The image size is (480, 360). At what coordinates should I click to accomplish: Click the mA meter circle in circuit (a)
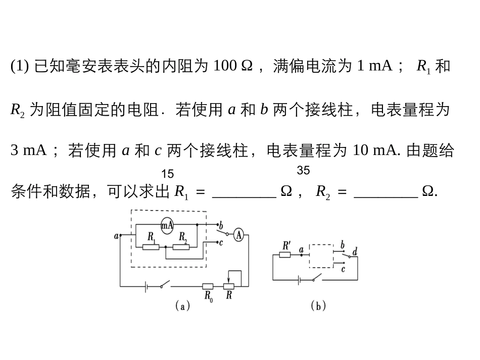point(167,226)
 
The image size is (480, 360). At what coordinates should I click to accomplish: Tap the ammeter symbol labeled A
point(239,235)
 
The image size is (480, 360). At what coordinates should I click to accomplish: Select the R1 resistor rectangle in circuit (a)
point(151,246)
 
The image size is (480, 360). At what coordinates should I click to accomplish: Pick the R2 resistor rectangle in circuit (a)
point(181,246)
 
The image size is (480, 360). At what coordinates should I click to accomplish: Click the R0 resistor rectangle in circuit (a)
point(208,287)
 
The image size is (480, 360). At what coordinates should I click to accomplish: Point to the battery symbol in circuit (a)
point(146,287)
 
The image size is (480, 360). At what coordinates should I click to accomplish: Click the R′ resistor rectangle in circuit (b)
point(285,254)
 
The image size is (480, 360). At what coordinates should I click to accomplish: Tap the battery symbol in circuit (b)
point(299,280)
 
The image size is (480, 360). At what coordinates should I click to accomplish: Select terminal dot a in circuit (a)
point(120,235)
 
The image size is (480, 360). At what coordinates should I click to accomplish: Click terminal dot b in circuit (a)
point(218,225)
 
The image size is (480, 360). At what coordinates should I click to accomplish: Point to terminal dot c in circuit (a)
point(217,242)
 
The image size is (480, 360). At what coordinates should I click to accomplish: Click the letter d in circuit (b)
point(355,252)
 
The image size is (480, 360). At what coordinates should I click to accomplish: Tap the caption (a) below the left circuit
point(183,305)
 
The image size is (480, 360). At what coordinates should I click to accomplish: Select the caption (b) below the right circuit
point(318,305)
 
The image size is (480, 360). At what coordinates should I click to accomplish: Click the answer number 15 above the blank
point(167,174)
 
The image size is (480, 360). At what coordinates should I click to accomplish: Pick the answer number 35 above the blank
point(303,170)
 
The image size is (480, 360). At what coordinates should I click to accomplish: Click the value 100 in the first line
point(225,66)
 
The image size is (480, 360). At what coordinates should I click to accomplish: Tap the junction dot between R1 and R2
point(166,246)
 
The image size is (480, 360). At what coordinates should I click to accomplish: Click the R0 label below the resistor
point(209,296)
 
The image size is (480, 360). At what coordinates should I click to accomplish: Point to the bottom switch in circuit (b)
point(317,277)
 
